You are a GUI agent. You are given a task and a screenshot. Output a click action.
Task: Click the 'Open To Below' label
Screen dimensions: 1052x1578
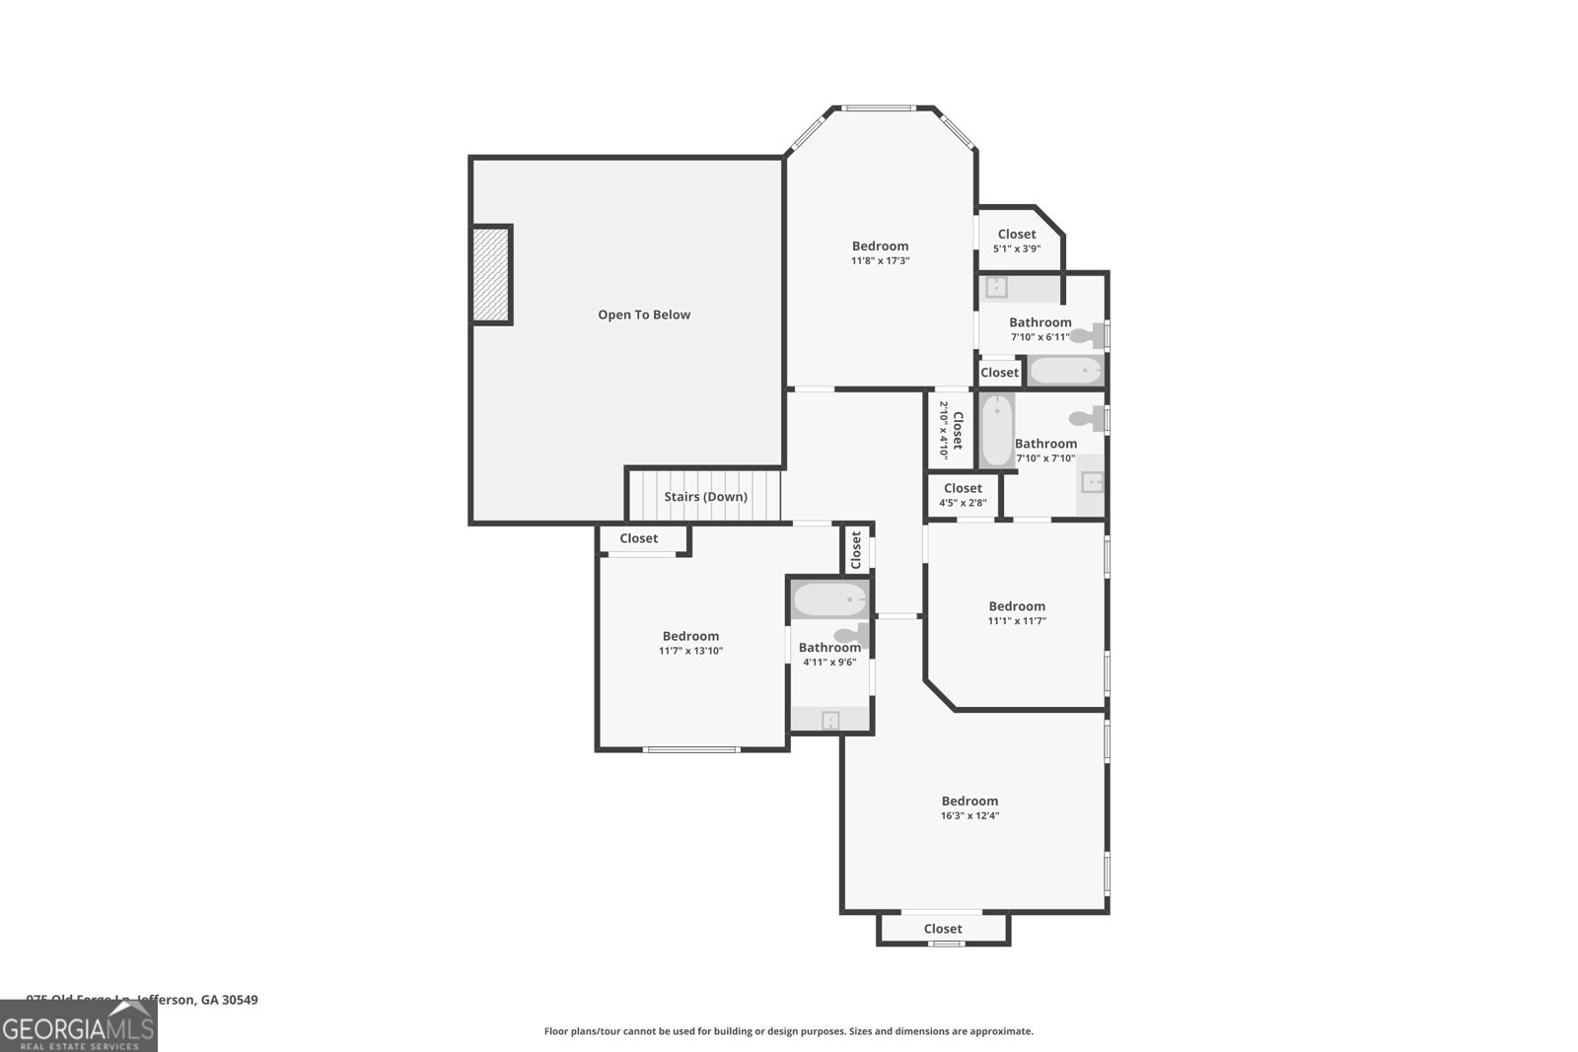point(644,315)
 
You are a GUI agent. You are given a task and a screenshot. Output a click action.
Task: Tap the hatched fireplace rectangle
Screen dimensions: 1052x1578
point(491,274)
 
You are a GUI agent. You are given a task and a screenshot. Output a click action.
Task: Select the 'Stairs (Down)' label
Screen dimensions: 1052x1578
point(705,496)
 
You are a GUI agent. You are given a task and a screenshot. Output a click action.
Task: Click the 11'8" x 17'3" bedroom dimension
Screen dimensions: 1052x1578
point(880,261)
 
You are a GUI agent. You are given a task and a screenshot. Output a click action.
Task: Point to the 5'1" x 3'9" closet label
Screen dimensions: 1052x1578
point(1017,242)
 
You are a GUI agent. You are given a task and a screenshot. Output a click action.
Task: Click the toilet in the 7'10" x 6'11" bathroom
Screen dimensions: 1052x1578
point(1089,335)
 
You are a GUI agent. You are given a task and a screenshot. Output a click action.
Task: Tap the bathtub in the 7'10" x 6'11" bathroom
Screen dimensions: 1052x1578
point(1064,371)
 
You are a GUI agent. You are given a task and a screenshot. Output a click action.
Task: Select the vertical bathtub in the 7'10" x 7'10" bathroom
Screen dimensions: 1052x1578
point(997,429)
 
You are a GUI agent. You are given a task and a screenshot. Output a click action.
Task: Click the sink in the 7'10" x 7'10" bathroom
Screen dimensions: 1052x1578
point(1091,482)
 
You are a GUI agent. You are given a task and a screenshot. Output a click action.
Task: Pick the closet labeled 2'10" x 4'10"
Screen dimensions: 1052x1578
point(950,430)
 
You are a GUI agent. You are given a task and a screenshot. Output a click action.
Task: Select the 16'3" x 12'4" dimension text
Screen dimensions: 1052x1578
point(969,815)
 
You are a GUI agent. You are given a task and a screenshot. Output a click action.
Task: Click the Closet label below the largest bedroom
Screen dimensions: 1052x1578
point(943,929)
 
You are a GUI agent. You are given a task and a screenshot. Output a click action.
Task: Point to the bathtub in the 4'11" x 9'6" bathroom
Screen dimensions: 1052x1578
point(829,599)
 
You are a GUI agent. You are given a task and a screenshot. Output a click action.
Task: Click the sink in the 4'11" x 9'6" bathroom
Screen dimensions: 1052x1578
point(830,721)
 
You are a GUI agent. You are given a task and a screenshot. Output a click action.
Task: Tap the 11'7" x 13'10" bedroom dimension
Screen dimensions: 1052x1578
point(690,651)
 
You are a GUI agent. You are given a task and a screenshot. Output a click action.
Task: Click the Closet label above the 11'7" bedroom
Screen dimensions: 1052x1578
point(638,538)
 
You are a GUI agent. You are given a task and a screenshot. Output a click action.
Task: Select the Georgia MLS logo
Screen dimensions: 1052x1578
point(78,1027)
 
